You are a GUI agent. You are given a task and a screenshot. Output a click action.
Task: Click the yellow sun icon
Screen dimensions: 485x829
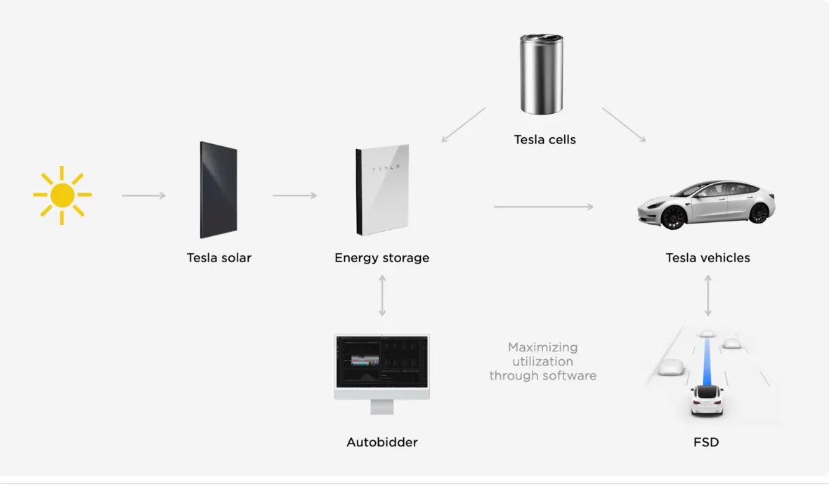(x=63, y=195)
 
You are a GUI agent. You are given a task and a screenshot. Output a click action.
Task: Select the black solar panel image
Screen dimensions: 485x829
(x=218, y=190)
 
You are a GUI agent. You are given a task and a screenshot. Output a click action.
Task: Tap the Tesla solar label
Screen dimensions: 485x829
(x=218, y=258)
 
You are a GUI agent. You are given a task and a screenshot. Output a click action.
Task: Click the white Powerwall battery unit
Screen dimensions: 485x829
(x=382, y=190)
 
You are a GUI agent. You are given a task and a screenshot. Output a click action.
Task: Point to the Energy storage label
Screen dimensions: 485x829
(x=381, y=258)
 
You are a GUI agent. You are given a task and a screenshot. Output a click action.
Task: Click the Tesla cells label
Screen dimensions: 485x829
(x=544, y=140)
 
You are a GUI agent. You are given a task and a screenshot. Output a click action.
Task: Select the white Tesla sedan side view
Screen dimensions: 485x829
(x=706, y=204)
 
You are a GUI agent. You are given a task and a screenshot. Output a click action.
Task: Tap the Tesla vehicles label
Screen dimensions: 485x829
(x=707, y=258)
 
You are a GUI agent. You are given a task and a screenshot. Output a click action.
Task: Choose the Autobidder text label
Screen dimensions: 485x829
(x=381, y=442)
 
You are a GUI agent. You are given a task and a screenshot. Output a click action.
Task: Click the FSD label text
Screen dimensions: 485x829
(x=706, y=442)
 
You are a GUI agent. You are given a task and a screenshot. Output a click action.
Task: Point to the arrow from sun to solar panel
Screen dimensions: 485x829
(x=143, y=195)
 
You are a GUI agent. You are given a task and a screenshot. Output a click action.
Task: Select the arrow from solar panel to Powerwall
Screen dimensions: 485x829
(x=294, y=195)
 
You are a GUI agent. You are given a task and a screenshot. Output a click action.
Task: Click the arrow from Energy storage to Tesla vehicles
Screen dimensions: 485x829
(x=543, y=207)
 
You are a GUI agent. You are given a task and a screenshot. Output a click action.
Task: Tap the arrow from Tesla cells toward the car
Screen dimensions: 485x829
(x=623, y=125)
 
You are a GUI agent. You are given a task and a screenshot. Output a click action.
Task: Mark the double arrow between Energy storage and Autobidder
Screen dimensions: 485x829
(x=381, y=295)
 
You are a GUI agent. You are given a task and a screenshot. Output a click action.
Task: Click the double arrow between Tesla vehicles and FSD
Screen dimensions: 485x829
(x=707, y=295)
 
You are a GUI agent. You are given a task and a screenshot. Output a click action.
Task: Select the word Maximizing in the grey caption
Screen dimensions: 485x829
(x=542, y=347)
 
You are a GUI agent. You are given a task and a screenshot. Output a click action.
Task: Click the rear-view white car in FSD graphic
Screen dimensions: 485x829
(x=707, y=400)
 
